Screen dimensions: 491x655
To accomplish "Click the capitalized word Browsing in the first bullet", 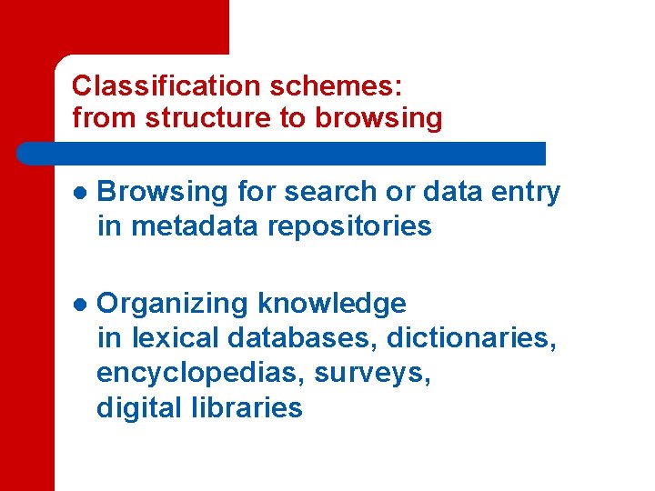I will [161, 193].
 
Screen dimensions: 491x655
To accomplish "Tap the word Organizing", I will [174, 304].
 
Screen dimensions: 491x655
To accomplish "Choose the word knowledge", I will [332, 304].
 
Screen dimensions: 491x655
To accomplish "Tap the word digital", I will [140, 407].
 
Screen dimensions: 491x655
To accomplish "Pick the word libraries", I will [247, 407].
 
